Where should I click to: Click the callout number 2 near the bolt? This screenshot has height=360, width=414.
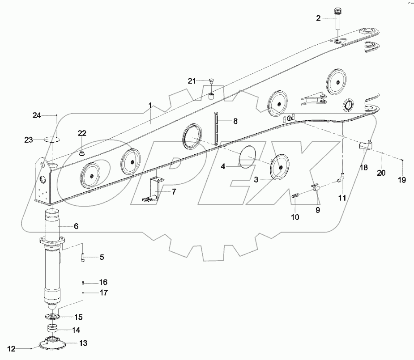[x=318, y=18]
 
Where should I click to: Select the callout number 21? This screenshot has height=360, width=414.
[x=192, y=80]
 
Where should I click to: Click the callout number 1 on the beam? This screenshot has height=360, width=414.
[x=150, y=106]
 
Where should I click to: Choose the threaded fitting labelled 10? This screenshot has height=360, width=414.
[x=296, y=195]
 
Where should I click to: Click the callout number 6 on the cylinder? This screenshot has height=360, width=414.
[x=76, y=226]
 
